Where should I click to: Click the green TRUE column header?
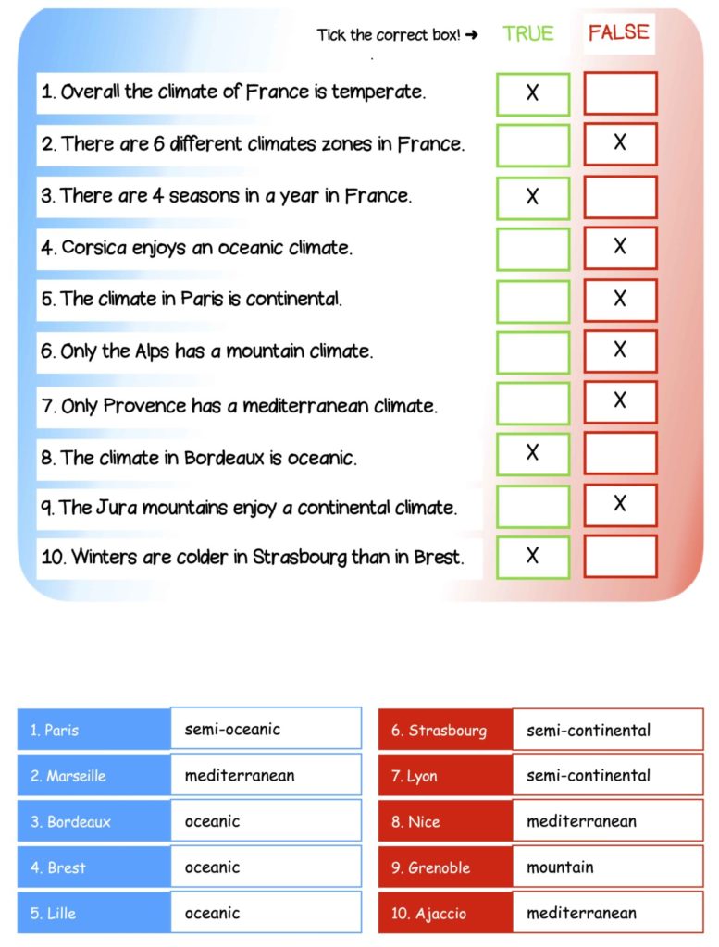[527, 34]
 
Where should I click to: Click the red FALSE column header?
[619, 33]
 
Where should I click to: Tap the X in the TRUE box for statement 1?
[532, 92]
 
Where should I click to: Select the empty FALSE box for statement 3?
[620, 197]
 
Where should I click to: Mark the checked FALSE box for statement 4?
[620, 247]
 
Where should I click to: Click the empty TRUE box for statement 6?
[532, 351]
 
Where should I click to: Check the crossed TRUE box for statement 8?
[532, 453]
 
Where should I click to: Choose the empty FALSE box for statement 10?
[620, 556]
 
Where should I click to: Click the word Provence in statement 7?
[144, 406]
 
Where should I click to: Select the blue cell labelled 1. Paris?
[93, 730]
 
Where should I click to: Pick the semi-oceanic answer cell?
[266, 729]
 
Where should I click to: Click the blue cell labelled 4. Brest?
[93, 867]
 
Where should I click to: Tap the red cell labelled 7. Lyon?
[445, 776]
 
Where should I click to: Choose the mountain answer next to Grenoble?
[607, 867]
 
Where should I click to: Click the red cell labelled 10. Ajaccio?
[445, 914]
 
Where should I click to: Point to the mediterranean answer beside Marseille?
[266, 776]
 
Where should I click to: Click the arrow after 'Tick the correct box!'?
[472, 35]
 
